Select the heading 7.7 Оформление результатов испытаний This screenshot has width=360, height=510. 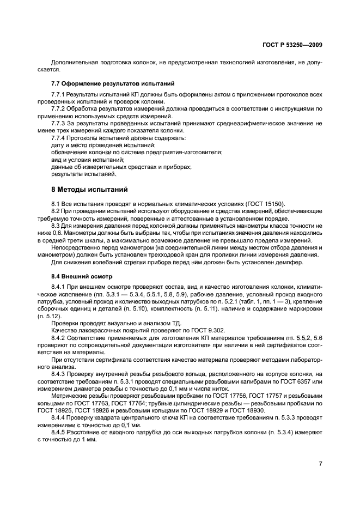(112, 84)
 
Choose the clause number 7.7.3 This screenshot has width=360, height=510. (58, 124)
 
